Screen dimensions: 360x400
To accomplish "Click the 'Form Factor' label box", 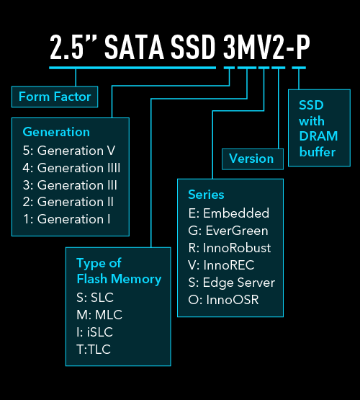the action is point(55,97).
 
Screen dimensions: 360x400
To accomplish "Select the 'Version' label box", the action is point(253,159).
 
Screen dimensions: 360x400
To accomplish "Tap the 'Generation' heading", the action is point(56,132).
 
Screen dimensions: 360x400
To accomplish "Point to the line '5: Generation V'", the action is point(69,151).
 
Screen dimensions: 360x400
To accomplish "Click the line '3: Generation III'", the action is point(70,185).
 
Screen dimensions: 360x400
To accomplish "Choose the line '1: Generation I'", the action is point(66,219).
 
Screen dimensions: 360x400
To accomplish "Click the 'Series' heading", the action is point(206,195).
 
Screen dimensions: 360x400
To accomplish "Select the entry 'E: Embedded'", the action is point(229,213).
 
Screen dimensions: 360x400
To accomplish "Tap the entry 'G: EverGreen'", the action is point(228,231).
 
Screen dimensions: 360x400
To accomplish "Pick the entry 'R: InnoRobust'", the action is point(230,248).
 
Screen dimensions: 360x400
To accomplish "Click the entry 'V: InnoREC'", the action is point(221,265).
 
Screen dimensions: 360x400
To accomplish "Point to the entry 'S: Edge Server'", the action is point(232,283).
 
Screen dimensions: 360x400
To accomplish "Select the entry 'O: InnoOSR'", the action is point(223,300).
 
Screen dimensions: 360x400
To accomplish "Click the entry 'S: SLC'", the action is point(95,298).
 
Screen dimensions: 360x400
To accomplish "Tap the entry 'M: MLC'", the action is point(99,315).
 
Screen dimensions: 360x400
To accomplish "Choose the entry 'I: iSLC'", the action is point(94,332).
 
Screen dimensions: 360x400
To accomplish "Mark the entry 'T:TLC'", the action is point(94,350).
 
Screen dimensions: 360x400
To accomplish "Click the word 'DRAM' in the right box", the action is point(318,136).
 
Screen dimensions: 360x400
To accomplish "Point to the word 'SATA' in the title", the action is point(134,48).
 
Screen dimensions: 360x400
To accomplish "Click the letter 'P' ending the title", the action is point(302,48).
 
